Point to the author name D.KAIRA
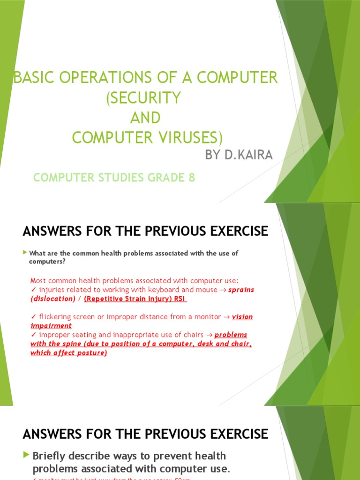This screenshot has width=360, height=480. coord(248,155)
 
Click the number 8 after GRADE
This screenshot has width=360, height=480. coord(191,178)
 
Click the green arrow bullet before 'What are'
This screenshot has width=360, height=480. coord(25,253)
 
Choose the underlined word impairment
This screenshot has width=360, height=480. coord(51,326)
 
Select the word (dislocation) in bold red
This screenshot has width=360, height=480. coord(53,299)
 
